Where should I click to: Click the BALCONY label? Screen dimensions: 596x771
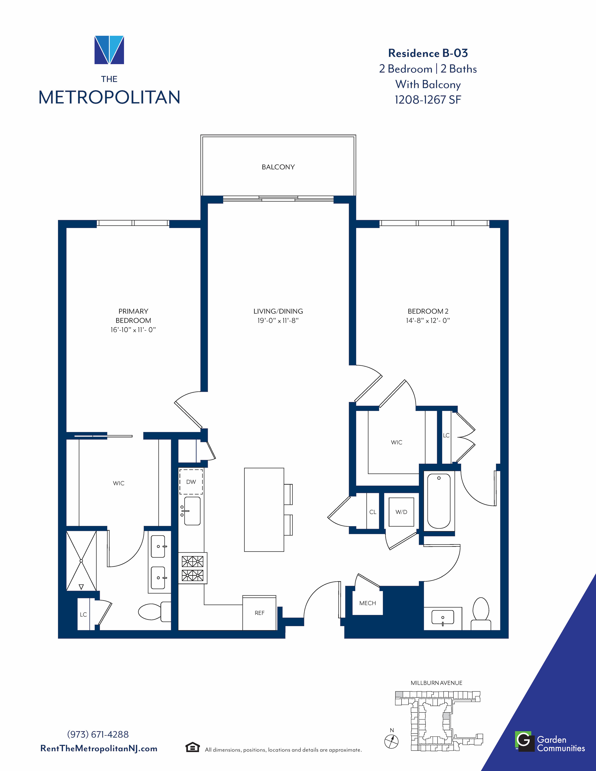coord(278,167)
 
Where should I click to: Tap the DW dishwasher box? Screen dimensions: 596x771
coord(191,482)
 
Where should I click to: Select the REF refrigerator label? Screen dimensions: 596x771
coord(259,613)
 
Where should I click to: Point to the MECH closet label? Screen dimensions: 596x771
coord(368,603)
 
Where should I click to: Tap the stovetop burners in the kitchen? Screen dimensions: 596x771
coord(192,568)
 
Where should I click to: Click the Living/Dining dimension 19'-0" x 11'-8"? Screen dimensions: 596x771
coord(278,321)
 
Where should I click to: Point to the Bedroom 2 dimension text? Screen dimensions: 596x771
coord(428,321)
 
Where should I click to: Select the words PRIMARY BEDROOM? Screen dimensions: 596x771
coord(133,316)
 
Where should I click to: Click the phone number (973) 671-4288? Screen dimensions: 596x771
coord(98,734)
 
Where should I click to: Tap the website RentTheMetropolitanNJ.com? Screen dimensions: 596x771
coord(99,748)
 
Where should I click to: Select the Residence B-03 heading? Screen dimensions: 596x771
coord(428,53)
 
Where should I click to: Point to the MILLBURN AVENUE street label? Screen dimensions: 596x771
coord(436,683)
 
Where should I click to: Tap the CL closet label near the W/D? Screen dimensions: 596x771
coord(373,512)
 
